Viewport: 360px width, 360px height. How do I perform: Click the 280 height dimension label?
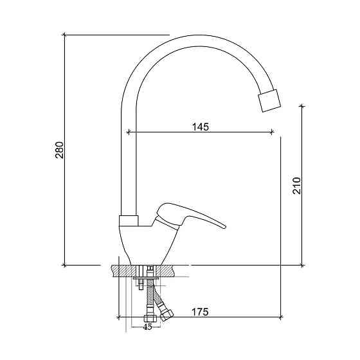[59, 150]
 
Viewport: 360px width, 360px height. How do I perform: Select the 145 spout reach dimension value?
[201, 127]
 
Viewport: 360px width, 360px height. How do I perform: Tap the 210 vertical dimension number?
[296, 186]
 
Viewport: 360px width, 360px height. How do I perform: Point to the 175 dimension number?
[200, 312]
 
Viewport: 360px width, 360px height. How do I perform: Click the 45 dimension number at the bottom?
[147, 327]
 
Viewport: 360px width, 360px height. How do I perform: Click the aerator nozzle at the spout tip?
[269, 101]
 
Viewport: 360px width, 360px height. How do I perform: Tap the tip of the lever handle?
[225, 228]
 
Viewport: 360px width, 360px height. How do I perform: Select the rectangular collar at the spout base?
[129, 221]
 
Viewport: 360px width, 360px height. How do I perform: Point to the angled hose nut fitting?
[166, 315]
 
